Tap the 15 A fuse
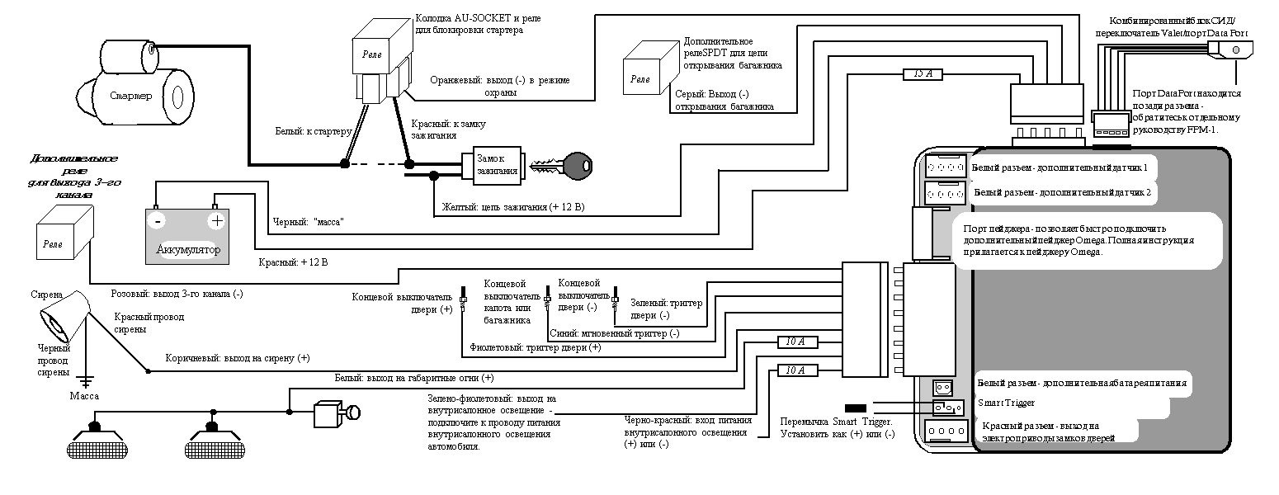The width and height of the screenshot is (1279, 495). tap(923, 74)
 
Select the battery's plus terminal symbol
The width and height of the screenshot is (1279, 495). tap(216, 221)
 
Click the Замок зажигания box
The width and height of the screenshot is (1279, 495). tap(497, 163)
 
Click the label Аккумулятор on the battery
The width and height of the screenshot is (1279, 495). tap(187, 249)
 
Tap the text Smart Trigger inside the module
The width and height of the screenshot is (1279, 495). tap(1005, 403)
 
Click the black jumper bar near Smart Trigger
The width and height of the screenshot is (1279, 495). tap(856, 408)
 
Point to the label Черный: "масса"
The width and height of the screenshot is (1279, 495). tap(307, 223)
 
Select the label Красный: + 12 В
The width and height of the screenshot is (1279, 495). tap(294, 263)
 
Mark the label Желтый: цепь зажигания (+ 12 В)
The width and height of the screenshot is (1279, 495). tap(513, 206)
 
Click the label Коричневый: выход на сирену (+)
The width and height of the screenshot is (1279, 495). tap(238, 358)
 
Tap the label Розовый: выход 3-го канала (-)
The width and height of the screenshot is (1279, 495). tap(177, 293)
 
